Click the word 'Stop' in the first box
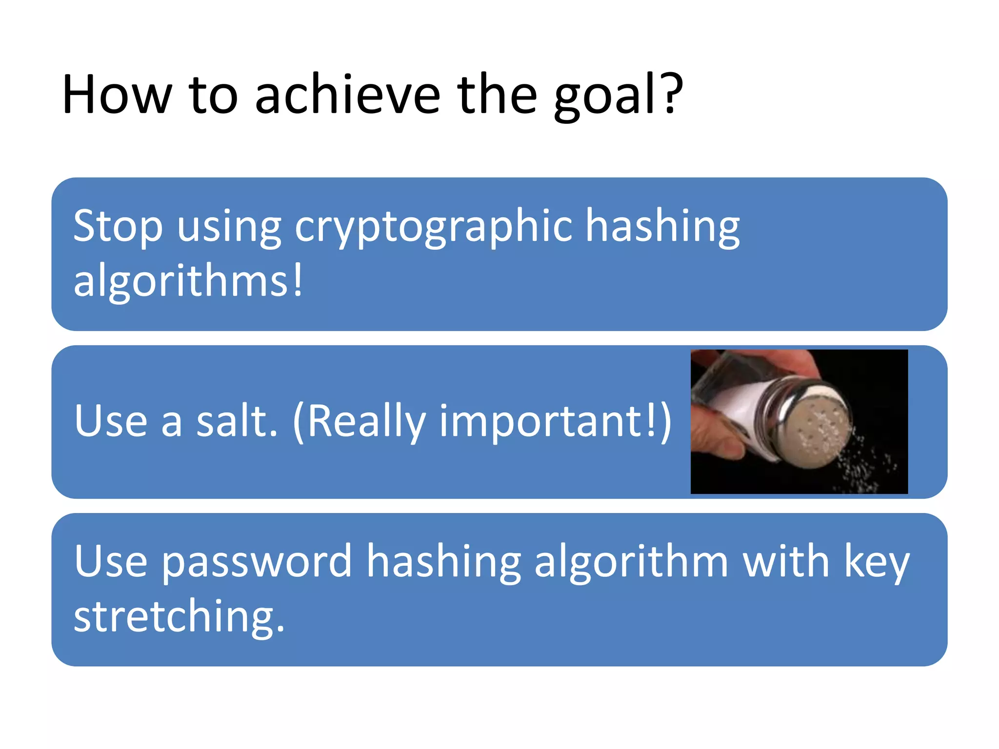click(x=118, y=227)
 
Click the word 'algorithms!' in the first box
click(x=188, y=281)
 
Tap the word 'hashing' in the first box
click(x=662, y=227)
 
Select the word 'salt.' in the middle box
click(x=237, y=422)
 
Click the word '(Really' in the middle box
click(x=359, y=422)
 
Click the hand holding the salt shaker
click(x=712, y=439)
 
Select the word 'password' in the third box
click(x=257, y=562)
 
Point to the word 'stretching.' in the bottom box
click(x=179, y=617)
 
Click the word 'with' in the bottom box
click(x=785, y=562)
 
